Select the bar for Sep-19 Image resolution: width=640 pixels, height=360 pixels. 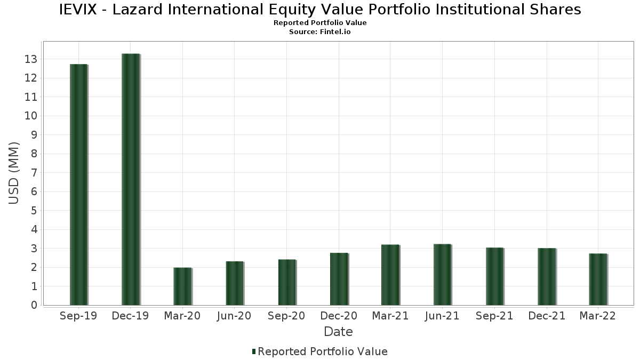[x=78, y=185]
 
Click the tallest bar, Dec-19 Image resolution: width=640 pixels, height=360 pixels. [x=131, y=179]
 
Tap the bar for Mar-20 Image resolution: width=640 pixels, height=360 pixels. [x=182, y=286]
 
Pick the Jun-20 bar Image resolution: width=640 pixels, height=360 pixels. [x=235, y=283]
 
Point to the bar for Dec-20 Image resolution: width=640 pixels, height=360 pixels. [x=339, y=279]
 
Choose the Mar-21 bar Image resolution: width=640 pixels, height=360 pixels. [x=390, y=275]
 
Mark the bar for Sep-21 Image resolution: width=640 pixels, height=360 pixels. [x=494, y=276]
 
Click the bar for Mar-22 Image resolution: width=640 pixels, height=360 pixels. [x=598, y=279]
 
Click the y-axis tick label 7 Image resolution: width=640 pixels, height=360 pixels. [x=34, y=173]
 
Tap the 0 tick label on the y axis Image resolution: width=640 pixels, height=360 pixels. [x=34, y=305]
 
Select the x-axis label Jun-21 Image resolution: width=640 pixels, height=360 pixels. [x=442, y=316]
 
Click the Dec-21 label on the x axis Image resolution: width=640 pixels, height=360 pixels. [x=547, y=316]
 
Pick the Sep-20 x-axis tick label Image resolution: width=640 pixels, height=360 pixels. [x=286, y=316]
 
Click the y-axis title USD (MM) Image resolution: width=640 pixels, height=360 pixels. [x=14, y=173]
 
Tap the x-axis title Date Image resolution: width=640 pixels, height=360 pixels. [x=338, y=332]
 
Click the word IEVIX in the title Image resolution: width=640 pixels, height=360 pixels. [x=82, y=10]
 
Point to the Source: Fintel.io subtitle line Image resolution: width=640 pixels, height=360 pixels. [x=320, y=32]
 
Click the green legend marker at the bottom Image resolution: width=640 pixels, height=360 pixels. [x=254, y=351]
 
